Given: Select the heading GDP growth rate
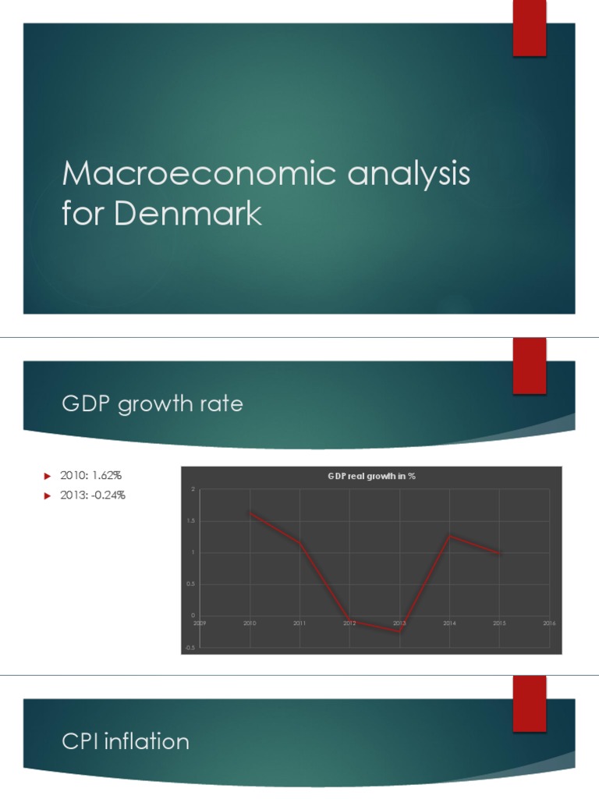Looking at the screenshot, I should pyautogui.click(x=152, y=404).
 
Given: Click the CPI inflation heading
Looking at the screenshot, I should pyautogui.click(x=126, y=740).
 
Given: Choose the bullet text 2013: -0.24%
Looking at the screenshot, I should pyautogui.click(x=92, y=495).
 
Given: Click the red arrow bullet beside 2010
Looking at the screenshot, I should pyautogui.click(x=47, y=475).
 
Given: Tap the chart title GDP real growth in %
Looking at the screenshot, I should pyautogui.click(x=370, y=476).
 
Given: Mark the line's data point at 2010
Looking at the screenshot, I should pyautogui.click(x=250, y=513).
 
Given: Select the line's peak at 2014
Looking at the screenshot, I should pyautogui.click(x=449, y=535).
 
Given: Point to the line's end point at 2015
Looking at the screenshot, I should pyautogui.click(x=499, y=552).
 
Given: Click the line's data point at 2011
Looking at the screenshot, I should pyautogui.click(x=300, y=543).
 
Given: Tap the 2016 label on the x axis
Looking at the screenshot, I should pyautogui.click(x=549, y=623).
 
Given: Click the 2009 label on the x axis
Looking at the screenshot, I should pyautogui.click(x=200, y=623).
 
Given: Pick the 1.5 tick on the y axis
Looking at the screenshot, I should pyautogui.click(x=192, y=521).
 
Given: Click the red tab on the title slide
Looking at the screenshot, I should pyautogui.click(x=529, y=28).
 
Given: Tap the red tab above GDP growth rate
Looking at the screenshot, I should pyautogui.click(x=529, y=365).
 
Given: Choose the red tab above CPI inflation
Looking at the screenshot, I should pyautogui.click(x=529, y=703).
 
